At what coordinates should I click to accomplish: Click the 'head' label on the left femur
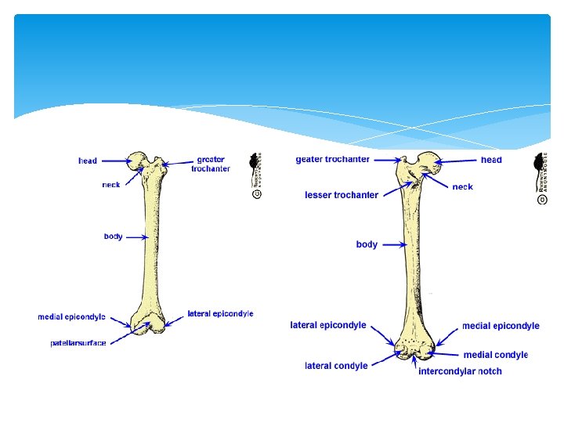point(88,161)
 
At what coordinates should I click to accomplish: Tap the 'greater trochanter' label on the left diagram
point(211,164)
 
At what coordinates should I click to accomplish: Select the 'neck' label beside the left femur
point(111,185)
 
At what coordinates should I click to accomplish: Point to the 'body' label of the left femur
point(113,237)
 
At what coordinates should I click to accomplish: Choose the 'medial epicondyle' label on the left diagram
point(72,317)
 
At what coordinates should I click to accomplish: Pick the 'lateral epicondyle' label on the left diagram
point(220,314)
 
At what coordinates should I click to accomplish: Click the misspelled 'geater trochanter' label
point(332,160)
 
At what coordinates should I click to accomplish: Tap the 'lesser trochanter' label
point(342,195)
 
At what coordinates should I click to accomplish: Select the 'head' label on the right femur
point(491,160)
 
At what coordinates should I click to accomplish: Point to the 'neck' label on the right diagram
point(462,187)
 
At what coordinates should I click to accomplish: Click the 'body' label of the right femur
point(367,244)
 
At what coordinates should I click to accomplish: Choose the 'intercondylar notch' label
point(460,371)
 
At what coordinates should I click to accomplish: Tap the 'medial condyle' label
point(496,355)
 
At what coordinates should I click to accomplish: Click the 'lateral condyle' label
point(336,366)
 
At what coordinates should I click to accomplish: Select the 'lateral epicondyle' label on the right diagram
point(328,325)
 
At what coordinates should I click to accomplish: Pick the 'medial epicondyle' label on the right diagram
point(501,326)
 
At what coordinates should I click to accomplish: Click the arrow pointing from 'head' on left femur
point(117,161)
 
